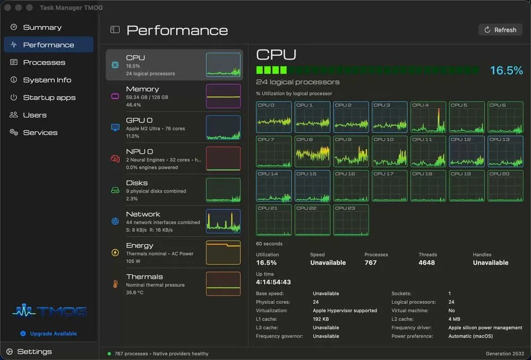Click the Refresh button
pyautogui.click(x=500, y=30)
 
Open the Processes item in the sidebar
pyautogui.click(x=44, y=62)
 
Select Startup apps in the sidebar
pyautogui.click(x=49, y=98)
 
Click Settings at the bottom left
pyautogui.click(x=34, y=352)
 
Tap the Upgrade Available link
pyautogui.click(x=53, y=333)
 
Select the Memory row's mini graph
pyautogui.click(x=223, y=96)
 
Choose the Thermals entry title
pyautogui.click(x=144, y=277)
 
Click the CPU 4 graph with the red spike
pyautogui.click(x=428, y=117)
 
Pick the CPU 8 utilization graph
pyautogui.click(x=312, y=151)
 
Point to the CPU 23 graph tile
pyautogui.click(x=351, y=220)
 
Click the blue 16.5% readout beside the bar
pyautogui.click(x=506, y=71)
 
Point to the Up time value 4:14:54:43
pyautogui.click(x=273, y=282)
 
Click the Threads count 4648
pyautogui.click(x=427, y=262)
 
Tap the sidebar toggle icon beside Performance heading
pyautogui.click(x=115, y=30)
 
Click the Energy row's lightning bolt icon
pyautogui.click(x=115, y=253)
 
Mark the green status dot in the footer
pyautogui.click(x=109, y=354)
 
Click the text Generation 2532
pyautogui.click(x=505, y=354)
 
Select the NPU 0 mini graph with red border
pyautogui.click(x=223, y=158)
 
